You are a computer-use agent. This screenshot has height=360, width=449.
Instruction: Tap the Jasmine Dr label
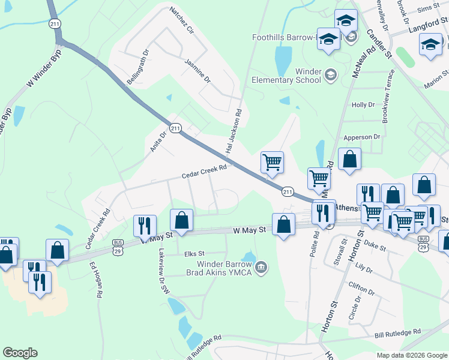point(197,71)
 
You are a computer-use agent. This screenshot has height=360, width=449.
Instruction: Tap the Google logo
point(20,353)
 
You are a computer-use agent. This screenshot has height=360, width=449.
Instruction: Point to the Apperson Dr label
point(362,137)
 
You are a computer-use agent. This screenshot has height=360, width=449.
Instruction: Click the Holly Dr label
point(363,105)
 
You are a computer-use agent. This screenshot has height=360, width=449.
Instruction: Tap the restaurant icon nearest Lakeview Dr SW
point(145,225)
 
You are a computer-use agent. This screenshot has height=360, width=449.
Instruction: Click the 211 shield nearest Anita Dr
point(175,128)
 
